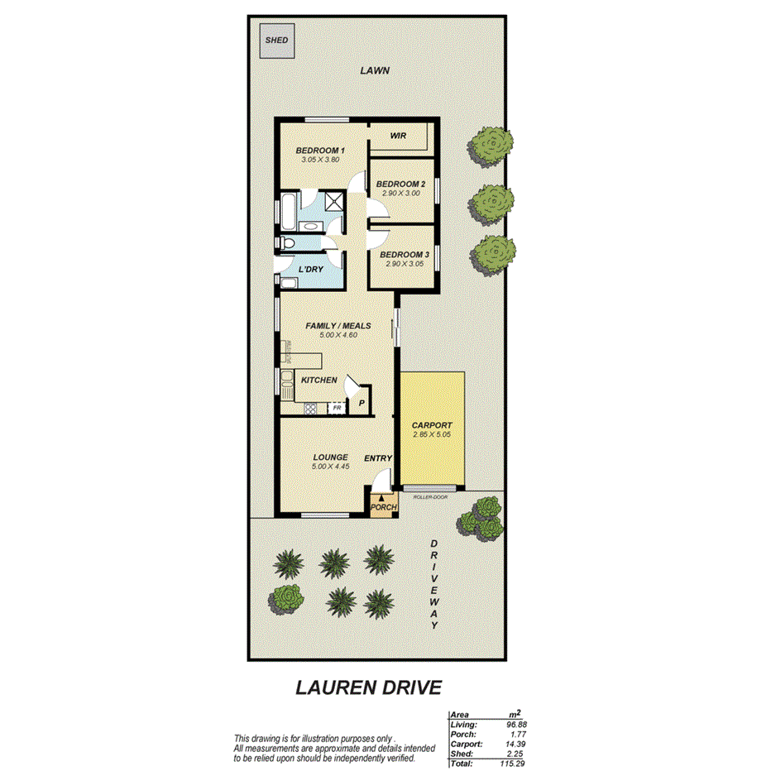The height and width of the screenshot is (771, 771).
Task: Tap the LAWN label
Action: pos(374,71)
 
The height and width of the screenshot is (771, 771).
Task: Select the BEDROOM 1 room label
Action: pos(320,150)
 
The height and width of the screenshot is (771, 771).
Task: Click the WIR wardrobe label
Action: pos(398,135)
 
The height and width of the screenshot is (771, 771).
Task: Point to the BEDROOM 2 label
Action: pos(400,184)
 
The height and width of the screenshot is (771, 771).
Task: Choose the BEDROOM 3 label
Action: pos(405,255)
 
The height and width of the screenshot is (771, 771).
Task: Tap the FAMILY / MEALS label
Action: pos(338,326)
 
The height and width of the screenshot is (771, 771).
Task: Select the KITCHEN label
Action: pos(318,380)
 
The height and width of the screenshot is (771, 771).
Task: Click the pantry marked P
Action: pos(362,403)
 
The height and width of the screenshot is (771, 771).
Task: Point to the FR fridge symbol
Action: pos(337,408)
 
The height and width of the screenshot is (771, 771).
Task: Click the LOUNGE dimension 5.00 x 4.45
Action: pos(330,467)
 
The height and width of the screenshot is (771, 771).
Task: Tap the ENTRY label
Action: pos(377,458)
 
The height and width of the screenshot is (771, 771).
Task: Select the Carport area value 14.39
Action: pos(515,744)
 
